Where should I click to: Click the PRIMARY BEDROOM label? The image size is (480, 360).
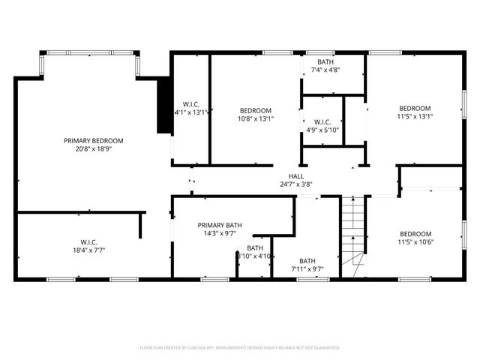[x=94, y=140]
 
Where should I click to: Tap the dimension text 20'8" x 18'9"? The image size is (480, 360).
[x=94, y=148]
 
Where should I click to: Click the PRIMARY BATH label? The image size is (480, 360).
[x=220, y=225]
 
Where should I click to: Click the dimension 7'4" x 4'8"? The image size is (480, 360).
[x=325, y=70]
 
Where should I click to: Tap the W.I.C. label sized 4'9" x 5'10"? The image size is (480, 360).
[x=322, y=121]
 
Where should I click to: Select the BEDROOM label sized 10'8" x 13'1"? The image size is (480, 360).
[x=256, y=110]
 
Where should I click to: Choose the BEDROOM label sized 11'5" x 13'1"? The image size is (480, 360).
[x=415, y=108]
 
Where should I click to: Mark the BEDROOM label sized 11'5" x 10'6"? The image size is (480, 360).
[x=415, y=233]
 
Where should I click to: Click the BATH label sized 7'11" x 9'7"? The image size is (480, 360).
[x=307, y=260]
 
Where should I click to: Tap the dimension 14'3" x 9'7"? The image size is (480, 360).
[x=220, y=233]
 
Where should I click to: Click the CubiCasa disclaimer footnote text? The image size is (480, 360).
[x=240, y=347]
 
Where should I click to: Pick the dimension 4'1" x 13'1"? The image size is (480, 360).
[x=191, y=112]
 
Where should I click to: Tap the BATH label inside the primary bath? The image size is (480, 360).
[x=256, y=247]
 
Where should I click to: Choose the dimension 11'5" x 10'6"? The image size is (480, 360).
[x=415, y=241]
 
